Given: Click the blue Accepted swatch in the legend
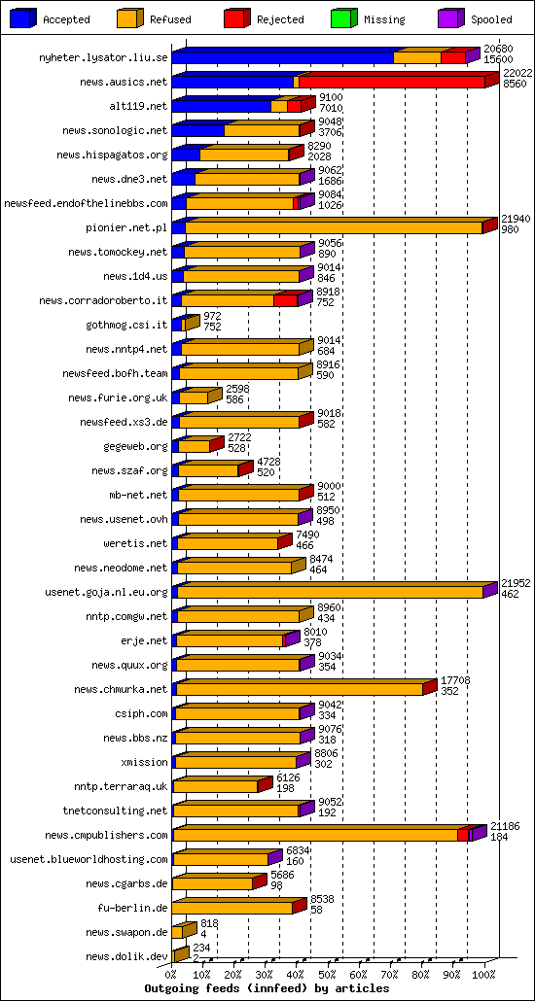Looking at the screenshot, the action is point(23,18).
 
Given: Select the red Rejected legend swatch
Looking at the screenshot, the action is point(237,18).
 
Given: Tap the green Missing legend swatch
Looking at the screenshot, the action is point(344,18).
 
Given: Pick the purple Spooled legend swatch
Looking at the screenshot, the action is point(451,18).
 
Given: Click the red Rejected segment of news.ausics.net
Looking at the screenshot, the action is point(392,82).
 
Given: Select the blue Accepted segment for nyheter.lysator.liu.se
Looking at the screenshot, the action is point(282,57).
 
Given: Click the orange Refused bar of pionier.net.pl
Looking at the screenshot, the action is point(334,226).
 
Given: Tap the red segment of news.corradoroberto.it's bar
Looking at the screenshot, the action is point(286,300).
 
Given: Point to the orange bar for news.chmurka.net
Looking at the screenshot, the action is point(300,689).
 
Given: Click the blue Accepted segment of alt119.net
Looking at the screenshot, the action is point(221,106).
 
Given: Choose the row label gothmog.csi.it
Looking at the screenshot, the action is point(126,325).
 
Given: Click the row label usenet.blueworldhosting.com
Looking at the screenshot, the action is point(89,859).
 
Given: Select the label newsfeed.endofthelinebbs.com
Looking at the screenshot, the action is point(87,203).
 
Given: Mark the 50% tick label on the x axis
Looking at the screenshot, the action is point(327,975).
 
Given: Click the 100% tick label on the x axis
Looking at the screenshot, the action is point(483,975).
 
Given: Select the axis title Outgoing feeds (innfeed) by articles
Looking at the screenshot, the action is point(267,988).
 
